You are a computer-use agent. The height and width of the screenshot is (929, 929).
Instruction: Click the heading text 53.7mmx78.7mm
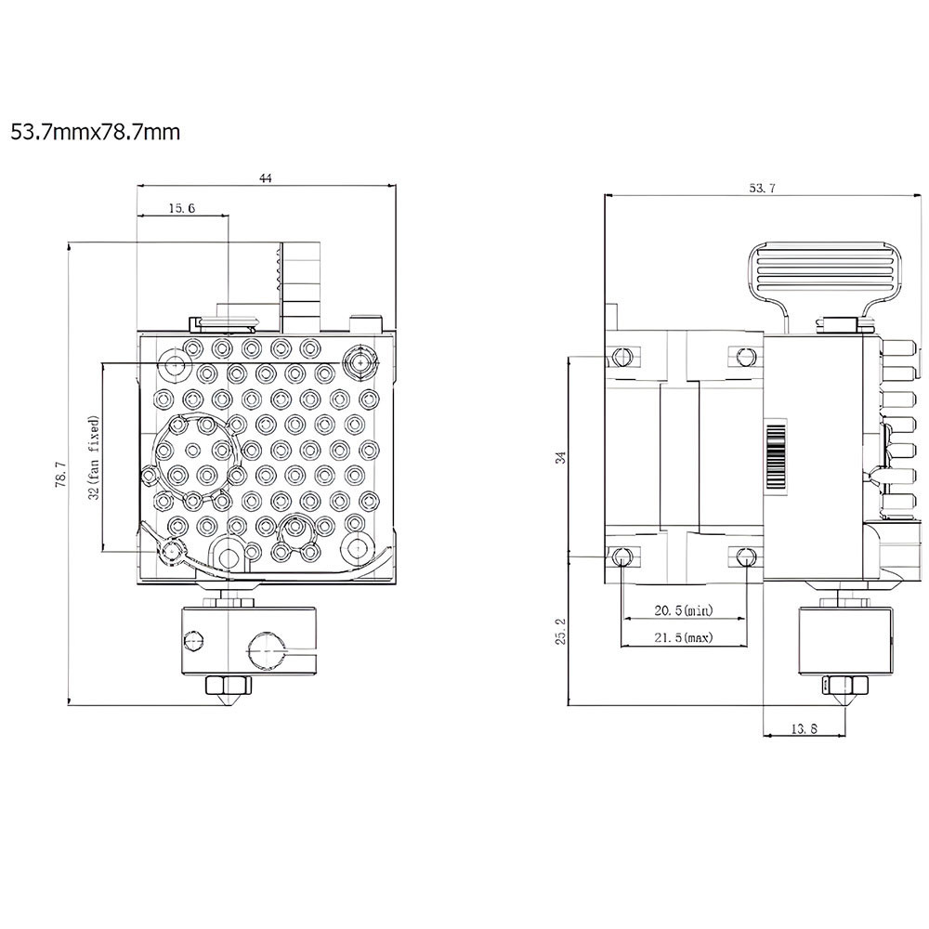point(96,132)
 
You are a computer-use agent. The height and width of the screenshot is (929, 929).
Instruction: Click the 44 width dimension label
point(266,177)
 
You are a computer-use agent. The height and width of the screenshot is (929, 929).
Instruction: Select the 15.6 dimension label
point(181,208)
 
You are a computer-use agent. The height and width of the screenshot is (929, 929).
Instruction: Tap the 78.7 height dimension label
point(60,474)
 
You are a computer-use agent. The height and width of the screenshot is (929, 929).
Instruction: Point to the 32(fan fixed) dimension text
point(94,457)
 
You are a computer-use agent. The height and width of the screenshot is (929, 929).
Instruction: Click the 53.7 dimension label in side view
point(762,188)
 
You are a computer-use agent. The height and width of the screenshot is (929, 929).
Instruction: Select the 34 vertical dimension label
point(560,457)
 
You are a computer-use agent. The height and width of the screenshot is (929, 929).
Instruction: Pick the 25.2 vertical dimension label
point(560,631)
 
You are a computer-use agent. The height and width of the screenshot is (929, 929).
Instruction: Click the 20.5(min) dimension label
point(683,610)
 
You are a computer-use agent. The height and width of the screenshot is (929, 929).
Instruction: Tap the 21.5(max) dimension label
point(683,637)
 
